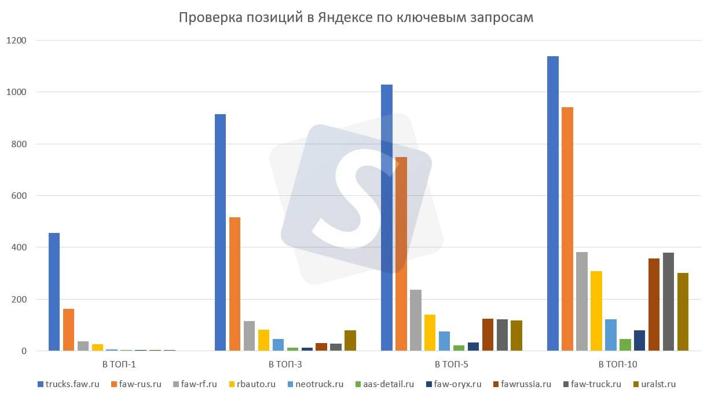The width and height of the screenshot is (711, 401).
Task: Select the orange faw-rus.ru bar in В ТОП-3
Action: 234,284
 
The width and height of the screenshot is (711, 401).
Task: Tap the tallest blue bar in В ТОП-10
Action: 552,203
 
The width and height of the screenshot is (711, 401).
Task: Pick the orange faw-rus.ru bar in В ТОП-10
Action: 567,229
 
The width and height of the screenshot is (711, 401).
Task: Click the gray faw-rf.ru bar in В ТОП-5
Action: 415,320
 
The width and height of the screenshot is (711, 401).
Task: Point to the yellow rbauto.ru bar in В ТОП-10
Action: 596,311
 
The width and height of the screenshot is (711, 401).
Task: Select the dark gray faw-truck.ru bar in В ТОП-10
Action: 668,301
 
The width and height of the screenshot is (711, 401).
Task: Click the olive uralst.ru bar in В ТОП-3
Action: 350,340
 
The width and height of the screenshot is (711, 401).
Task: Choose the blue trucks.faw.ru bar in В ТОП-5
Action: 386,217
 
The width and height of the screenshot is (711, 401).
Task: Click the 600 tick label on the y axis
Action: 19,196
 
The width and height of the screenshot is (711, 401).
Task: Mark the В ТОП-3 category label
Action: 285,364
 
